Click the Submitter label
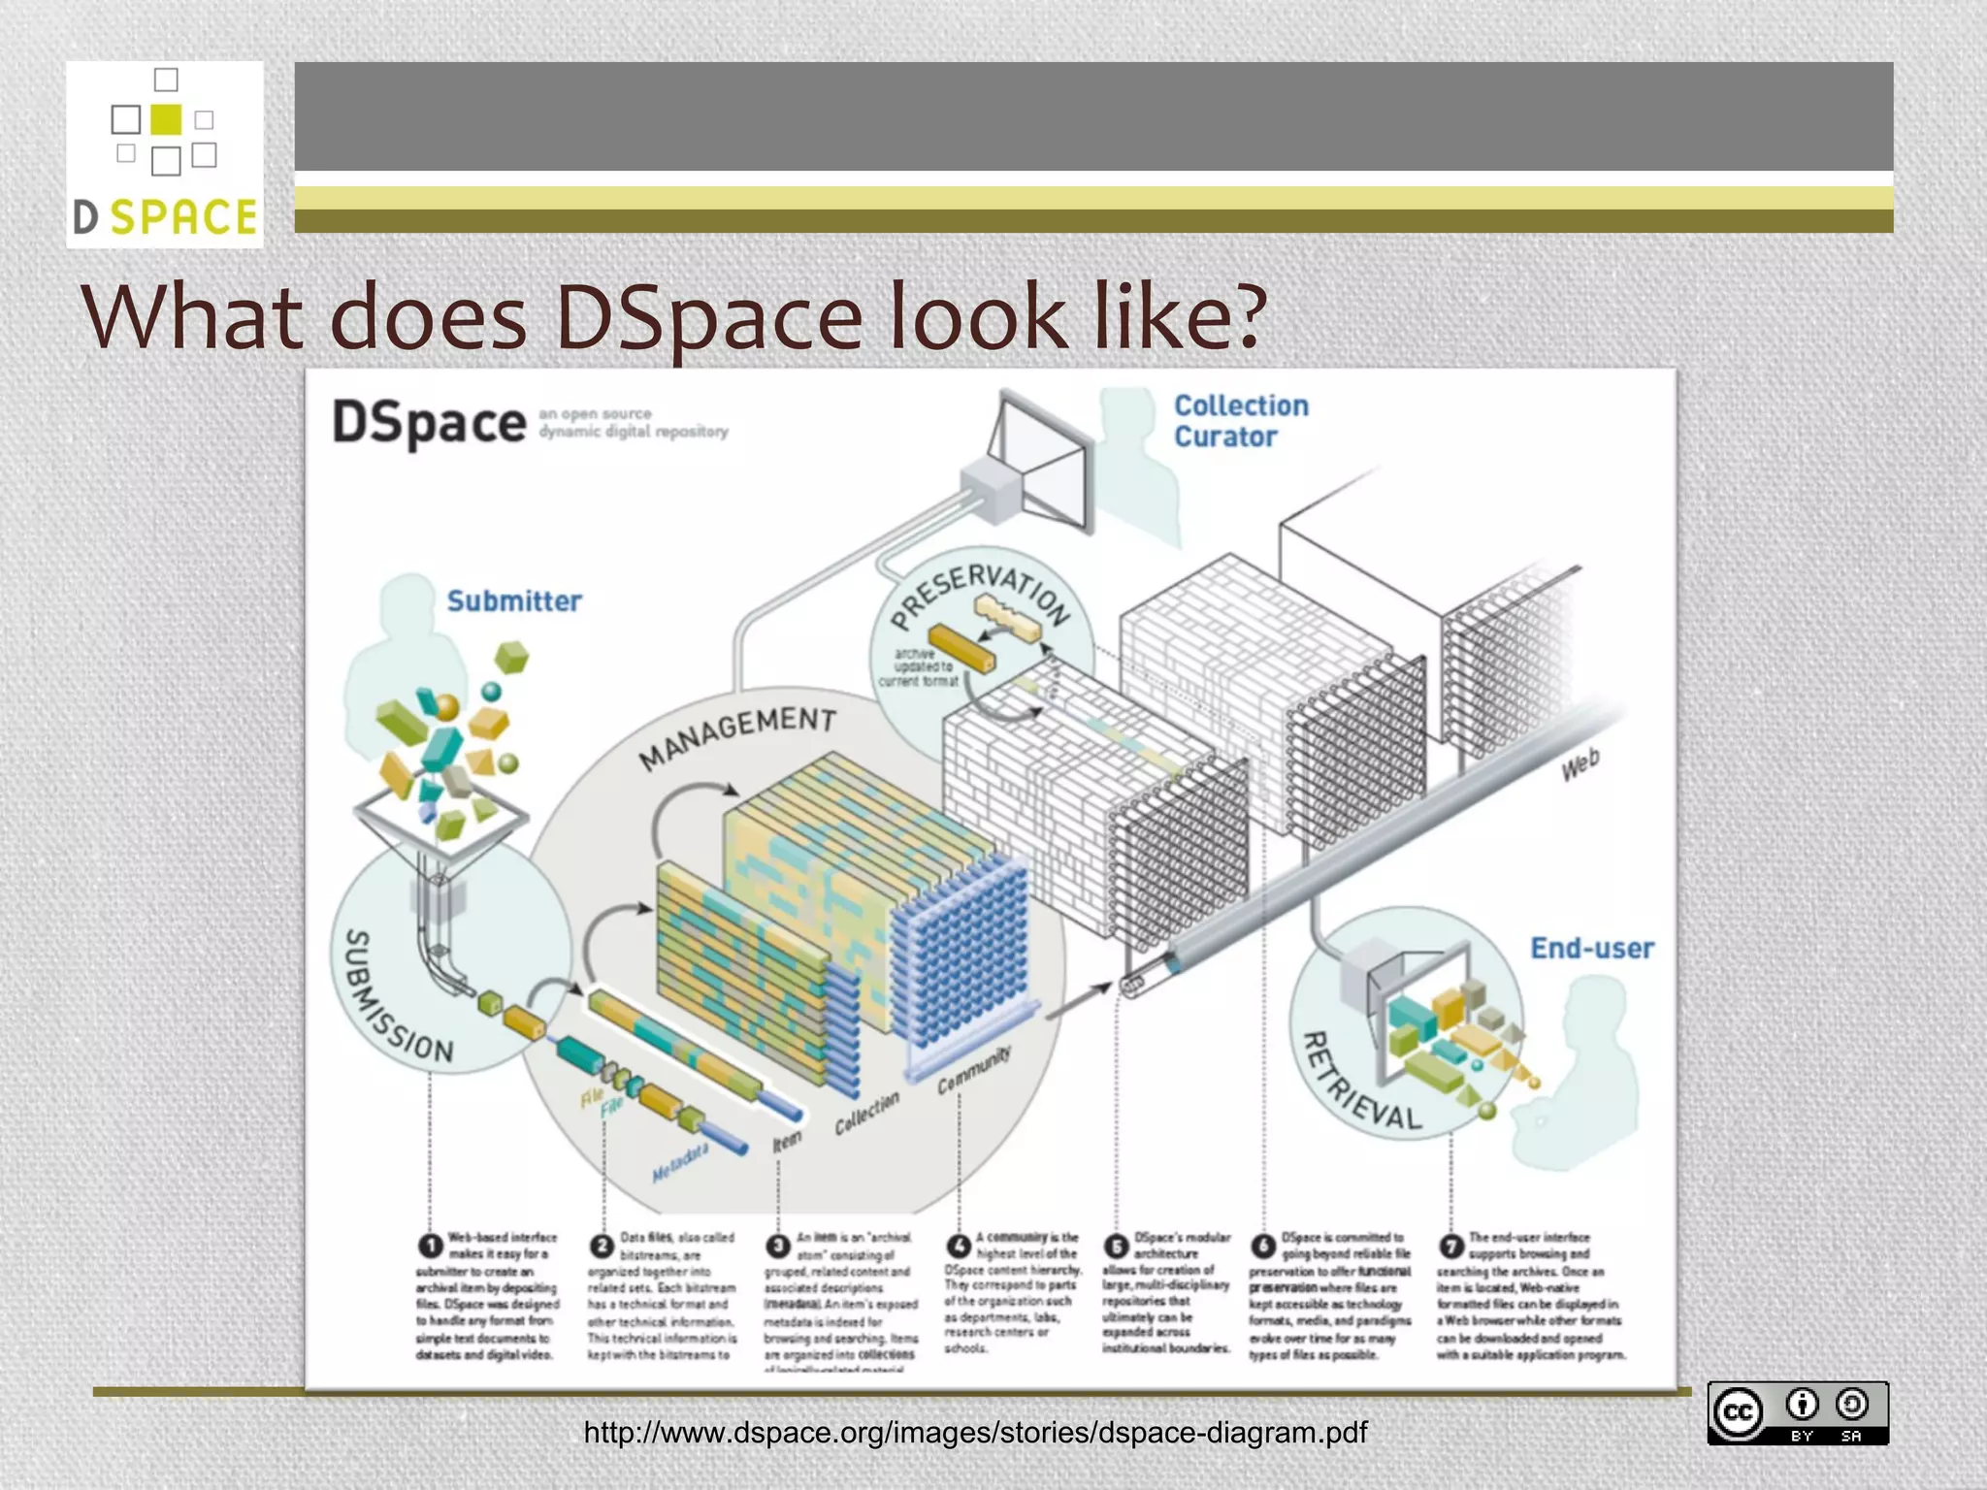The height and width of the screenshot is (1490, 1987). [x=513, y=601]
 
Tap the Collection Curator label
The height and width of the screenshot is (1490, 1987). [x=1240, y=421]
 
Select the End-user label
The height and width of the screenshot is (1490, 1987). [x=1591, y=948]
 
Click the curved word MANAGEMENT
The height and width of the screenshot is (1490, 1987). [x=737, y=735]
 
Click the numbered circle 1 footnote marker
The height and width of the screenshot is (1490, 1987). [x=430, y=1245]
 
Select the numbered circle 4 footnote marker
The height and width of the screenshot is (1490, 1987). [x=959, y=1245]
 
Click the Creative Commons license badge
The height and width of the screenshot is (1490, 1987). [x=1797, y=1413]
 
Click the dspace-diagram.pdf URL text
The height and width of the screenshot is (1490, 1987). [x=975, y=1433]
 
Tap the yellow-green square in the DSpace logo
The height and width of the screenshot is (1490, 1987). [x=166, y=119]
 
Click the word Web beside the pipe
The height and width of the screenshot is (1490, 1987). [x=1580, y=765]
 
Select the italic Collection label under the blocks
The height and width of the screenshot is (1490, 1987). [x=867, y=1113]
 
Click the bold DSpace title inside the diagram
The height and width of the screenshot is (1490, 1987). [x=428, y=424]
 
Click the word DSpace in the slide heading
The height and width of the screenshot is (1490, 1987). [x=708, y=316]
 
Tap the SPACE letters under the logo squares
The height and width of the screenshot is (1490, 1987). [x=183, y=217]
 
